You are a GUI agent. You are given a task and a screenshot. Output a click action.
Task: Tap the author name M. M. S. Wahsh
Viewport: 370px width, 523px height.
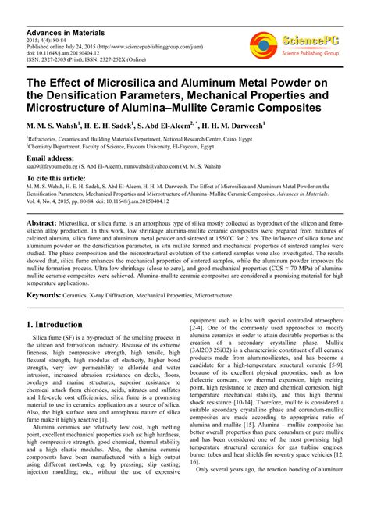pos(58,125)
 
